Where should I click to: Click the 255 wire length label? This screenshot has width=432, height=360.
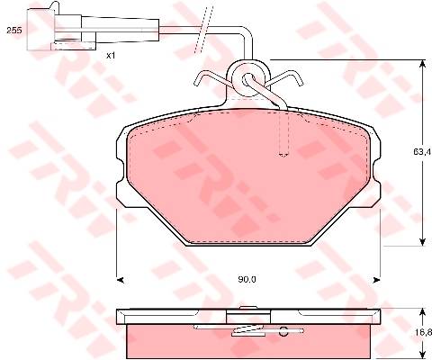14,31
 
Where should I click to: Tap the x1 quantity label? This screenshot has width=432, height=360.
111,56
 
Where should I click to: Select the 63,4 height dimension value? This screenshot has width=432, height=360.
422,152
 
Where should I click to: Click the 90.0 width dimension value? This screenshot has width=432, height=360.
247,280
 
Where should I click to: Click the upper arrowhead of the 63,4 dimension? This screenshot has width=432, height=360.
422,64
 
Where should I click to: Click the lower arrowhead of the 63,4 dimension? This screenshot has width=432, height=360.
422,242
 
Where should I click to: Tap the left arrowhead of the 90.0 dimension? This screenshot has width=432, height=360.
120,280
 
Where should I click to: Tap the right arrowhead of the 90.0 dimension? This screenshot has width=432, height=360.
376,280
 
